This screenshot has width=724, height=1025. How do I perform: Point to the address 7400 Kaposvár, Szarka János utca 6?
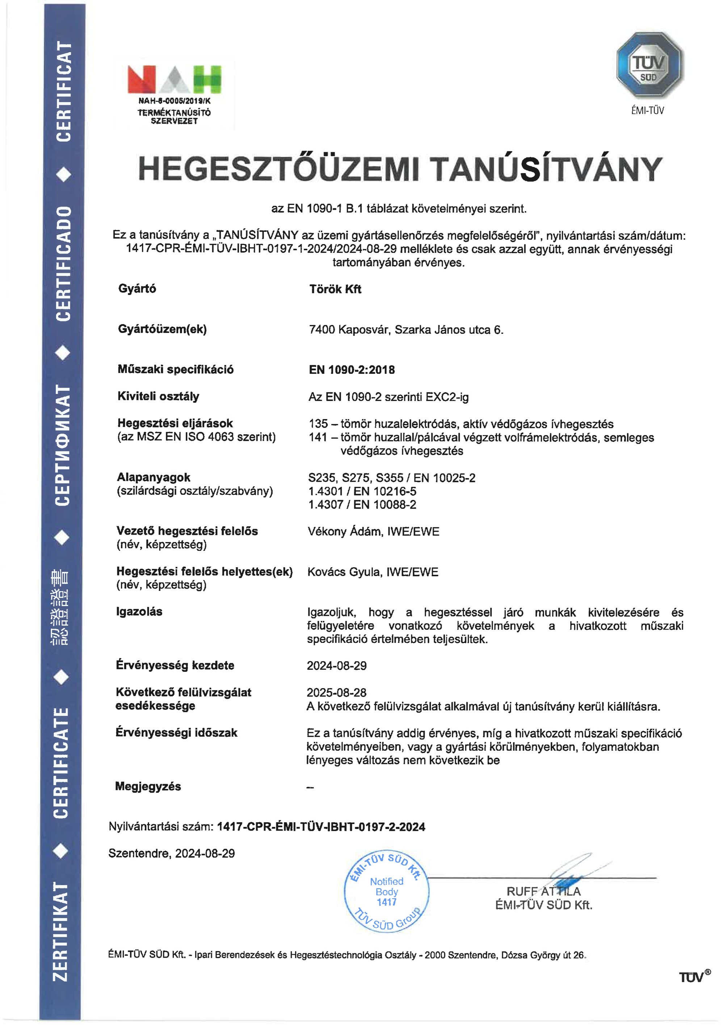406,330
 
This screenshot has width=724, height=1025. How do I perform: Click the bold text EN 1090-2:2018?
352,370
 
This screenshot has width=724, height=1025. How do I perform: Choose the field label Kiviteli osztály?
158,397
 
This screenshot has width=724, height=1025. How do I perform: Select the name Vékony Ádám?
345,532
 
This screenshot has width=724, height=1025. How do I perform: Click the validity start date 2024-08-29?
336,666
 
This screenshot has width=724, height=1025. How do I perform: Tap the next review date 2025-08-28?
336,693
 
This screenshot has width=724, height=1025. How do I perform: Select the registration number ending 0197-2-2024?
321,827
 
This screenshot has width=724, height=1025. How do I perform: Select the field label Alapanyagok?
153,477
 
